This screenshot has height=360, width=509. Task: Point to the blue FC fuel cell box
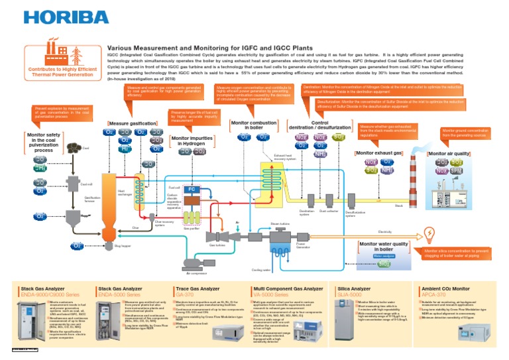click(191, 189)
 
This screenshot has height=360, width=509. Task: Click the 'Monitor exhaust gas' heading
click(378, 153)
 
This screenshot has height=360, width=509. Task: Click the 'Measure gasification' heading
click(133, 123)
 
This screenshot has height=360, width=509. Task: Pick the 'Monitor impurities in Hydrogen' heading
click(193, 141)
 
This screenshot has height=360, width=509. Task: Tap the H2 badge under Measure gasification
click(125, 149)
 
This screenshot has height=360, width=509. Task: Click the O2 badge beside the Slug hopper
click(78, 246)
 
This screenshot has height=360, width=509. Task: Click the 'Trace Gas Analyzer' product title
click(196, 289)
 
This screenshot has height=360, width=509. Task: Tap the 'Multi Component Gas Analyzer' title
click(288, 289)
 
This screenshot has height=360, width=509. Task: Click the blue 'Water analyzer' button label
click(384, 255)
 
